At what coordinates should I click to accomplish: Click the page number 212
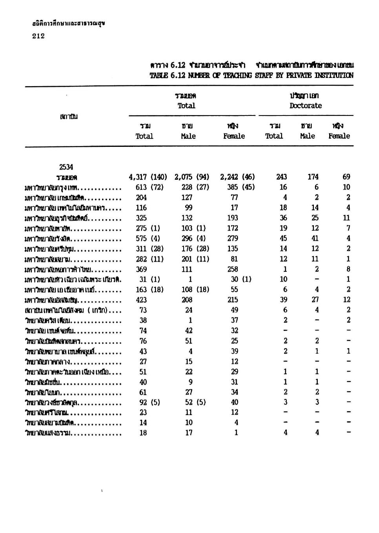[x=38, y=36]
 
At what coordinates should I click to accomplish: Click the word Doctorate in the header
[x=306, y=106]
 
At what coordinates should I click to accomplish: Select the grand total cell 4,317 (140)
[x=148, y=177]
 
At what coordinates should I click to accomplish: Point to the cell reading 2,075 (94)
[x=192, y=177]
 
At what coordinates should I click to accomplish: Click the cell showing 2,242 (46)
[x=237, y=177]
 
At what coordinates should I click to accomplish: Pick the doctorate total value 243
[x=281, y=177]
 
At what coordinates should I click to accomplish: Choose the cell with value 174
[x=313, y=177]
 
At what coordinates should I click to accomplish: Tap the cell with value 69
[x=346, y=177]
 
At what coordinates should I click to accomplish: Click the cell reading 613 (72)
[x=149, y=187]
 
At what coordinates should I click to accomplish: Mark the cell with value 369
[x=141, y=269]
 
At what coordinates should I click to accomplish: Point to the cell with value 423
[x=141, y=300]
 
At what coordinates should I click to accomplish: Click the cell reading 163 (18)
[x=149, y=290]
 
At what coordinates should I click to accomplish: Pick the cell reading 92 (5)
[x=149, y=402]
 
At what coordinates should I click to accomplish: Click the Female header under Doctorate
[x=339, y=136]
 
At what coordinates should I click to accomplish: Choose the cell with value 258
[x=234, y=269]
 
